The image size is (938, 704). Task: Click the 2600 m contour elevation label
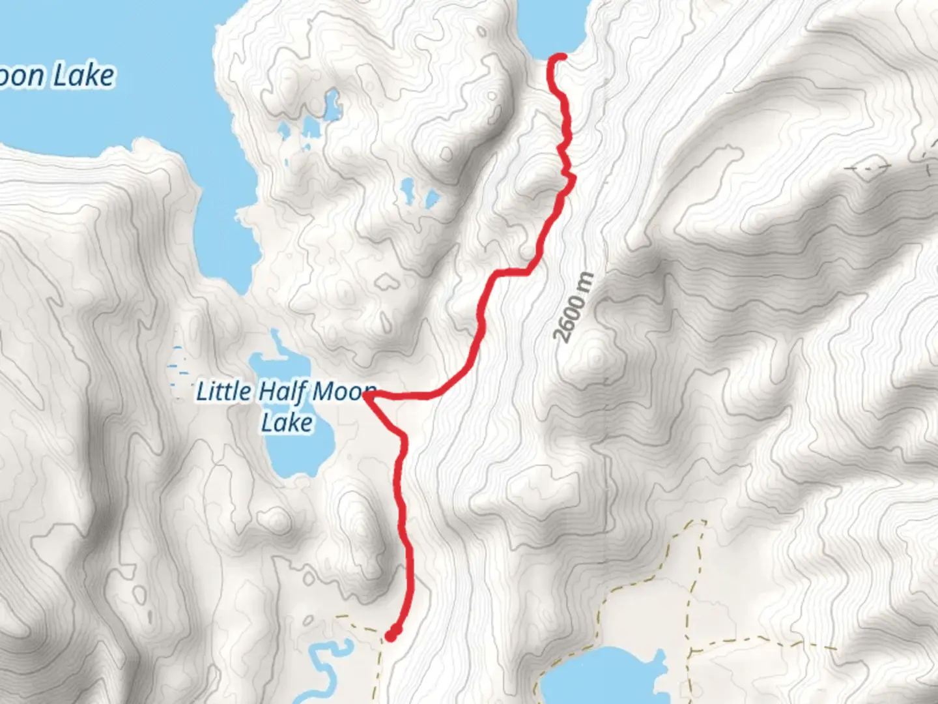(x=573, y=306)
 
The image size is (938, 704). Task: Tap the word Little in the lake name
(x=223, y=392)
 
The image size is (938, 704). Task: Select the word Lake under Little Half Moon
(x=287, y=422)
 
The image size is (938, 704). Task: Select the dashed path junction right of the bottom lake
(x=690, y=651)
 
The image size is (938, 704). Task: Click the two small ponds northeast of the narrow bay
(x=417, y=192)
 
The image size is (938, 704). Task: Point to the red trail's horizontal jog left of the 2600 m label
(x=511, y=271)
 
